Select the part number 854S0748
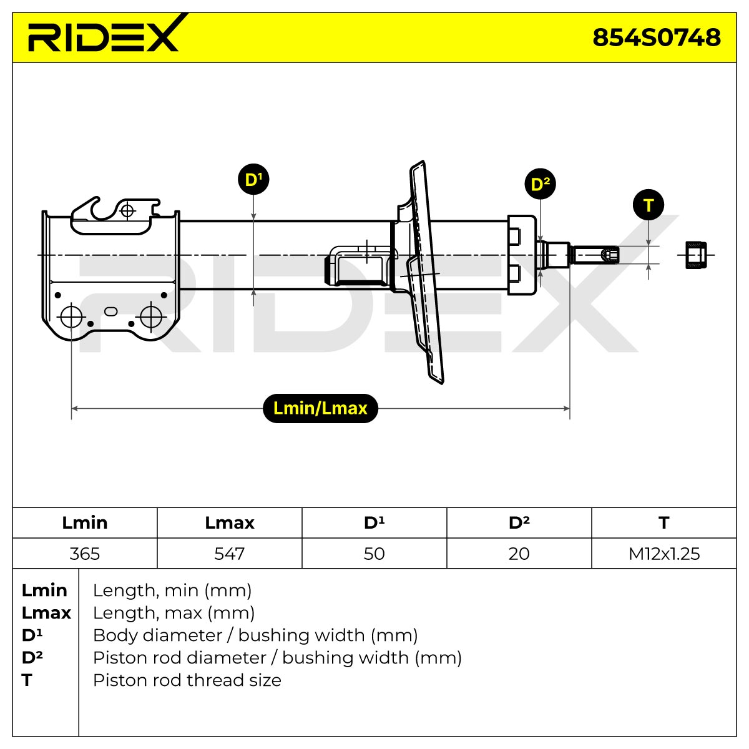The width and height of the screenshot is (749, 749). pyautogui.click(x=656, y=37)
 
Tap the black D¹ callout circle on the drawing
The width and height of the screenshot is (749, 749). pyautogui.click(x=253, y=179)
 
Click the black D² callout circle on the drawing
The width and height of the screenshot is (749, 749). pyautogui.click(x=540, y=184)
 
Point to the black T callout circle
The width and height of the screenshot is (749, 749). pyautogui.click(x=648, y=205)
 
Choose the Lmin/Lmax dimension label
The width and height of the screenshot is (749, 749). pyautogui.click(x=320, y=408)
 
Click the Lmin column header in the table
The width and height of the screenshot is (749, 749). pyautogui.click(x=85, y=523)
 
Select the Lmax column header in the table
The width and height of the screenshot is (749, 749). pyautogui.click(x=229, y=523)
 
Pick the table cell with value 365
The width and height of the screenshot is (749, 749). pyautogui.click(x=85, y=554)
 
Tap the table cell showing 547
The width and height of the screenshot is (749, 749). pyautogui.click(x=229, y=554)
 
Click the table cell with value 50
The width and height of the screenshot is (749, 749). pyautogui.click(x=374, y=554)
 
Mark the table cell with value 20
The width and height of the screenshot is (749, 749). pyautogui.click(x=519, y=554)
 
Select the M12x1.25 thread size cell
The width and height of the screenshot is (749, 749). pyautogui.click(x=664, y=554)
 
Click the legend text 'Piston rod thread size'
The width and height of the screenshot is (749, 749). pyautogui.click(x=187, y=680)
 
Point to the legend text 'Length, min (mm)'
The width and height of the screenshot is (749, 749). pyautogui.click(x=172, y=590)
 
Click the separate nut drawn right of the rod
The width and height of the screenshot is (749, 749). pyautogui.click(x=696, y=255)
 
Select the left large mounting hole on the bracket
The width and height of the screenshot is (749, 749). pyautogui.click(x=72, y=317)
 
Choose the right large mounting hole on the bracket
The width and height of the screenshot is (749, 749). pyautogui.click(x=151, y=317)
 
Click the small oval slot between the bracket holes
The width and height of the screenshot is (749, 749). pyautogui.click(x=110, y=311)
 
